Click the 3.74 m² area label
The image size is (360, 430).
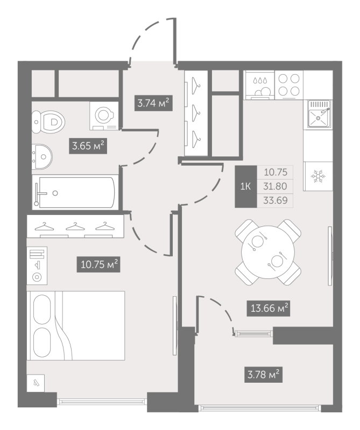point(153,103)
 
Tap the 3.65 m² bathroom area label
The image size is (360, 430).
point(88,146)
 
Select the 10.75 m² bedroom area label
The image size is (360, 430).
point(98,264)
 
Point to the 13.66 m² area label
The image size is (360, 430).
point(269,308)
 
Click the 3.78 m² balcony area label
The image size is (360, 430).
point(263,375)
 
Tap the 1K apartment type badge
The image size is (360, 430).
point(246,187)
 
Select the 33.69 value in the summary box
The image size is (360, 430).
point(275,200)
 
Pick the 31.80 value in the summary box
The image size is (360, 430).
point(275,187)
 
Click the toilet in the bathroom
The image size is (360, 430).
point(48,121)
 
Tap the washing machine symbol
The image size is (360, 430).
point(104,116)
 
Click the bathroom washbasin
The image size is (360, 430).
point(42,157)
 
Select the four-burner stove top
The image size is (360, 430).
point(289,85)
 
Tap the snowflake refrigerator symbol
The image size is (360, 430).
point(317,176)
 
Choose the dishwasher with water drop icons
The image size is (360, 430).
point(260,85)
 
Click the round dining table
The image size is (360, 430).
point(268,252)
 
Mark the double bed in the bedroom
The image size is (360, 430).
point(76,326)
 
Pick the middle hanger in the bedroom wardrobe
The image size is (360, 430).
point(75,226)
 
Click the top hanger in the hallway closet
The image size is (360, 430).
point(195,82)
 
